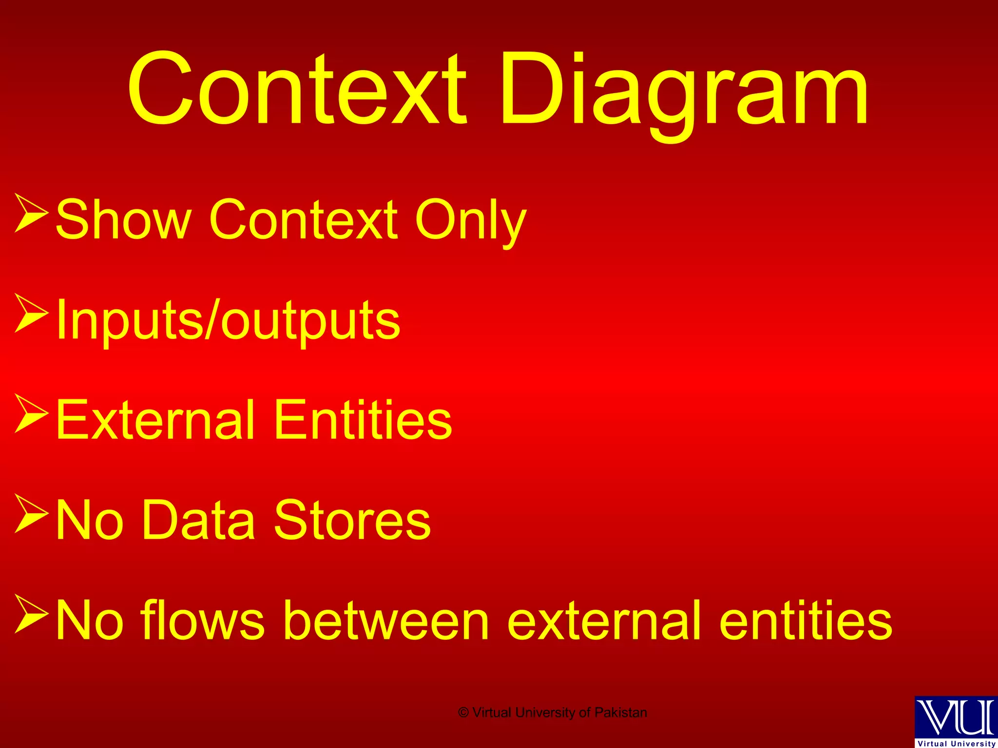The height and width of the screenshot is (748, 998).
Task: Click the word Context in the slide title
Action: coord(297,90)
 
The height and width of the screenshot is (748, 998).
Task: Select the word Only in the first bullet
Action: coord(470,220)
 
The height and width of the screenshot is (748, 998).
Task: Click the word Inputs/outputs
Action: coord(228,320)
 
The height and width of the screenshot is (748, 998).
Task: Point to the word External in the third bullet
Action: coord(155,420)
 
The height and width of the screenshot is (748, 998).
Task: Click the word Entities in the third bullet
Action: coord(363,420)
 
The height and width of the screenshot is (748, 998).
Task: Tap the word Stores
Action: coord(352,520)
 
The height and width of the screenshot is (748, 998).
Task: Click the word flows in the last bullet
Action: coord(203,620)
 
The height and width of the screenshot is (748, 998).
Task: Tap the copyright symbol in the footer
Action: coord(463,713)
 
